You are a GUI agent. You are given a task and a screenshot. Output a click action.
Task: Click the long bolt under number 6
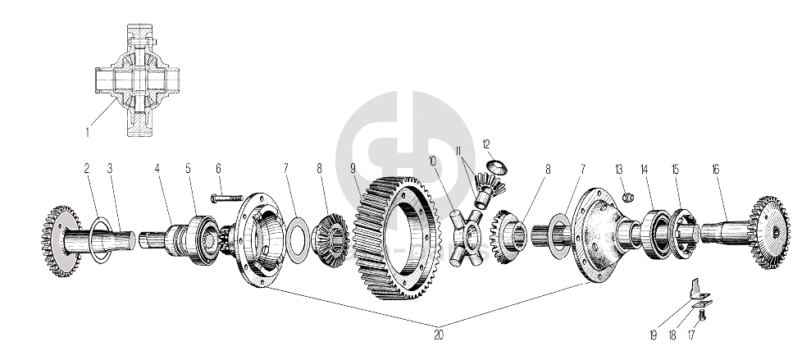pos(226,198)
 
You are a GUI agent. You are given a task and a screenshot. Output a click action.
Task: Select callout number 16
pos(715,170)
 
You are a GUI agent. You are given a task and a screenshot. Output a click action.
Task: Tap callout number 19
pos(654,335)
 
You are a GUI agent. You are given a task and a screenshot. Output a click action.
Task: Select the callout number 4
pos(156,170)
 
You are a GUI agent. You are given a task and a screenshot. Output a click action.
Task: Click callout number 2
pos(85,170)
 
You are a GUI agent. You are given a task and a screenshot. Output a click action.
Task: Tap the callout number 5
pos(187,170)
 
